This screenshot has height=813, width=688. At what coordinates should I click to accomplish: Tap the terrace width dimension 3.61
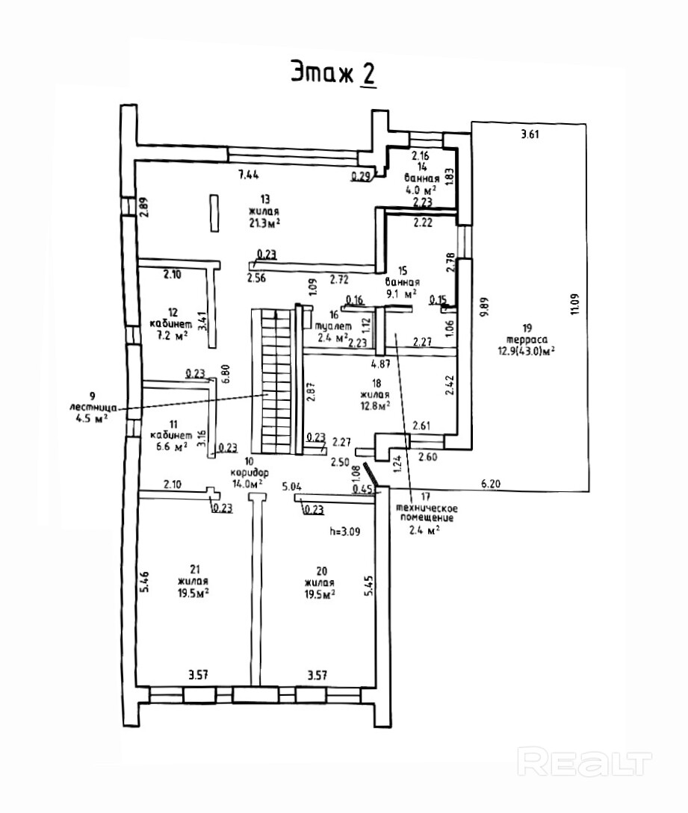point(530,135)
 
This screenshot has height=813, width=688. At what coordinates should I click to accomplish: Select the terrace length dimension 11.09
point(574,305)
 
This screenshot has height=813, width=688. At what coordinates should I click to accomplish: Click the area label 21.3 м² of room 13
point(264,223)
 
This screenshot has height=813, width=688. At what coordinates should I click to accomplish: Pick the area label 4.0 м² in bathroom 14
point(421,189)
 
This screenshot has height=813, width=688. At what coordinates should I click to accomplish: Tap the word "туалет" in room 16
point(334,327)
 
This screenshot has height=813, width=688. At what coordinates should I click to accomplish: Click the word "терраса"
point(527,340)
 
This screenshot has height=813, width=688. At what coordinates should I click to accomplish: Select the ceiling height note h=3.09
point(345,531)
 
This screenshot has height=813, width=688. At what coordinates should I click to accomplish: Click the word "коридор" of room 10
point(250,473)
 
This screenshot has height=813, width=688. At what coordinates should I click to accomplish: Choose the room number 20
point(322,571)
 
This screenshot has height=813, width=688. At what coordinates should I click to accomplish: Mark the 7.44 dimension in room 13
point(249,174)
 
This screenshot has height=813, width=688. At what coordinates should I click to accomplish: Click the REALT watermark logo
point(585,762)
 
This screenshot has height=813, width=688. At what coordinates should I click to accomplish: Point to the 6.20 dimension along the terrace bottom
point(490,484)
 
